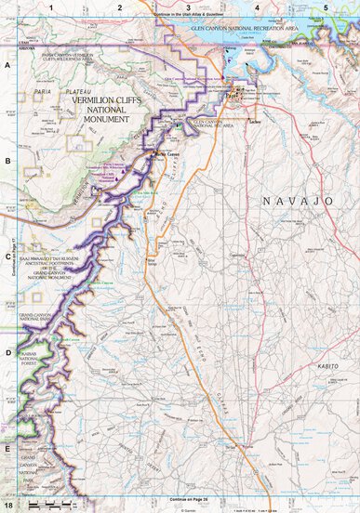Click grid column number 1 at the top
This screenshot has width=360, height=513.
tap(53, 7)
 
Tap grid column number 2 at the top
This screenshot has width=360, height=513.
tap(120, 7)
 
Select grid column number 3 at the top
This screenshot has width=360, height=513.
tap(189, 7)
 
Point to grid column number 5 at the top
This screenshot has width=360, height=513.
tap(325, 7)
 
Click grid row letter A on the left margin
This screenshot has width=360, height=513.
tap(7, 67)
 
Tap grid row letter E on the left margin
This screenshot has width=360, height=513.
tap(7, 448)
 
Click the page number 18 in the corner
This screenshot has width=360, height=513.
tap(8, 506)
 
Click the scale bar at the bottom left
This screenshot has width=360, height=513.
tap(47, 503)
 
